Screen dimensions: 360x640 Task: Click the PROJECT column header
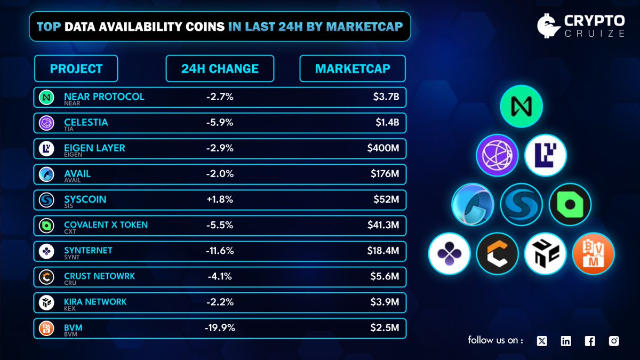(x=76, y=69)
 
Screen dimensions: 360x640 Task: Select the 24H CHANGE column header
(x=220, y=69)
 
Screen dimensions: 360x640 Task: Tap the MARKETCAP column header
(x=353, y=69)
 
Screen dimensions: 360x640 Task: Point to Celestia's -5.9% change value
(x=219, y=123)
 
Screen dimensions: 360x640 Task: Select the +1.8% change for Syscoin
(x=219, y=199)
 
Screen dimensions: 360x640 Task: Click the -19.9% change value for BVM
(x=219, y=327)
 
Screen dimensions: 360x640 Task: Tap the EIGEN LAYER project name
(x=94, y=148)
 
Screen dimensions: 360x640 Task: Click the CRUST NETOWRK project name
(x=99, y=276)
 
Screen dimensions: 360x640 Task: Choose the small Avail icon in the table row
(x=47, y=174)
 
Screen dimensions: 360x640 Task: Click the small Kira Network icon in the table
(x=47, y=302)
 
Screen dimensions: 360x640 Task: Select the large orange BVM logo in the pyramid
(x=593, y=254)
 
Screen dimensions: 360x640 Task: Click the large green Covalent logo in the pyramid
(x=570, y=204)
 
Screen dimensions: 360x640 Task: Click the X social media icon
(x=542, y=341)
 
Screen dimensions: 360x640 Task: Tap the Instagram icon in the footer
(x=613, y=341)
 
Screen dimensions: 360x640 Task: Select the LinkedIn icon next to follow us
(x=566, y=341)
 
